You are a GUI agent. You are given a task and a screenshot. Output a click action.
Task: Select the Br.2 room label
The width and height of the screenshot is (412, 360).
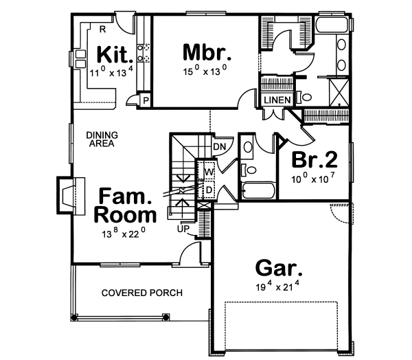tap(315, 160)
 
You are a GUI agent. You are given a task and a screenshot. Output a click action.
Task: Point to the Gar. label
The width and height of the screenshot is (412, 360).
tap(277, 267)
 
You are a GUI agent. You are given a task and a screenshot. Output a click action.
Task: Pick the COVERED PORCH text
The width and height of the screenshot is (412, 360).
tap(141, 293)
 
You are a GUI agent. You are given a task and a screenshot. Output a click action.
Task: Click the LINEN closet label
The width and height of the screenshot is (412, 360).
tap(277, 100)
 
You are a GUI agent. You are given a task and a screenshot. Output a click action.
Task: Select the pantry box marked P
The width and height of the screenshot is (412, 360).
tap(146, 100)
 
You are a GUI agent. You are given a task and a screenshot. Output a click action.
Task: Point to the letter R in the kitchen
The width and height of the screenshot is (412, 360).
tap(102, 29)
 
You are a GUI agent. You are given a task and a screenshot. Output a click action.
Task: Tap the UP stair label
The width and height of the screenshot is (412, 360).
tap(183, 229)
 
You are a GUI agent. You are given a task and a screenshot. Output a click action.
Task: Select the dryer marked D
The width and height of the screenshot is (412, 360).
tap(209, 188)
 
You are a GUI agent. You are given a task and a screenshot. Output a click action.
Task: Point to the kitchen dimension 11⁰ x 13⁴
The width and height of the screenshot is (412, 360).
tap(108, 71)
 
